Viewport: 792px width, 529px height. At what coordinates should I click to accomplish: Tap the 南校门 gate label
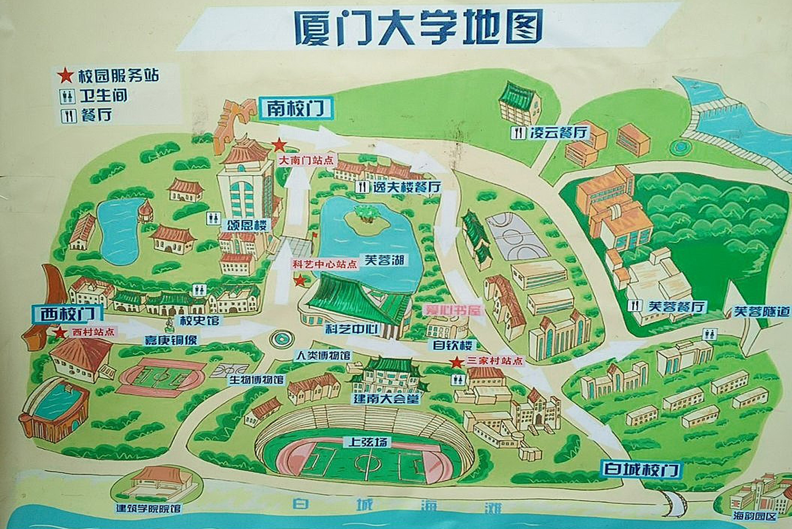(x=295, y=108)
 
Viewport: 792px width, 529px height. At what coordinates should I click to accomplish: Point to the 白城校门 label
(x=641, y=469)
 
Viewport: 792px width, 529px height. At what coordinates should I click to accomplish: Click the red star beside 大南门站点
(x=279, y=144)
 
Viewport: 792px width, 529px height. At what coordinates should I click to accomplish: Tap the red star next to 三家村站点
(x=455, y=362)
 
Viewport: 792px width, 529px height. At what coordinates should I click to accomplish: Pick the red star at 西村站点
(x=60, y=333)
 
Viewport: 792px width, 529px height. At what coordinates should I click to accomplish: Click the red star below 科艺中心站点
(x=300, y=280)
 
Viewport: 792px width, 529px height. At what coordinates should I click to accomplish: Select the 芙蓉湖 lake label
(x=384, y=260)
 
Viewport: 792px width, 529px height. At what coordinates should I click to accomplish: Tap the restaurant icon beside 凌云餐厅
(x=518, y=133)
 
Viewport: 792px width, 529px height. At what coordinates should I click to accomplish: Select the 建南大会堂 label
(x=386, y=398)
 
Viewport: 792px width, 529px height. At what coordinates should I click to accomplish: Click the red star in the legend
(x=66, y=76)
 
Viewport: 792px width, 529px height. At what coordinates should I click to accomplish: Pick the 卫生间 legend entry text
(x=104, y=96)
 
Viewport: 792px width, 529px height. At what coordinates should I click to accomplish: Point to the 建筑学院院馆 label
(x=149, y=508)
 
